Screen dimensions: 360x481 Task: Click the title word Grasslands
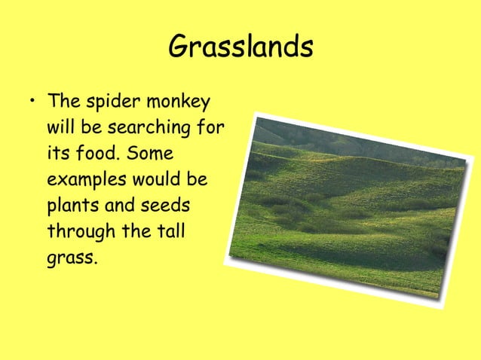pyautogui.click(x=240, y=47)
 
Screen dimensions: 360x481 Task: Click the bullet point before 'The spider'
pyautogui.click(x=29, y=102)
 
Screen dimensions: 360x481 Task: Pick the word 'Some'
pyautogui.click(x=150, y=154)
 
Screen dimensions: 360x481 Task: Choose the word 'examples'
pyautogui.click(x=87, y=182)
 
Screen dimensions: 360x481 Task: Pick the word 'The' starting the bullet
pyautogui.click(x=62, y=102)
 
